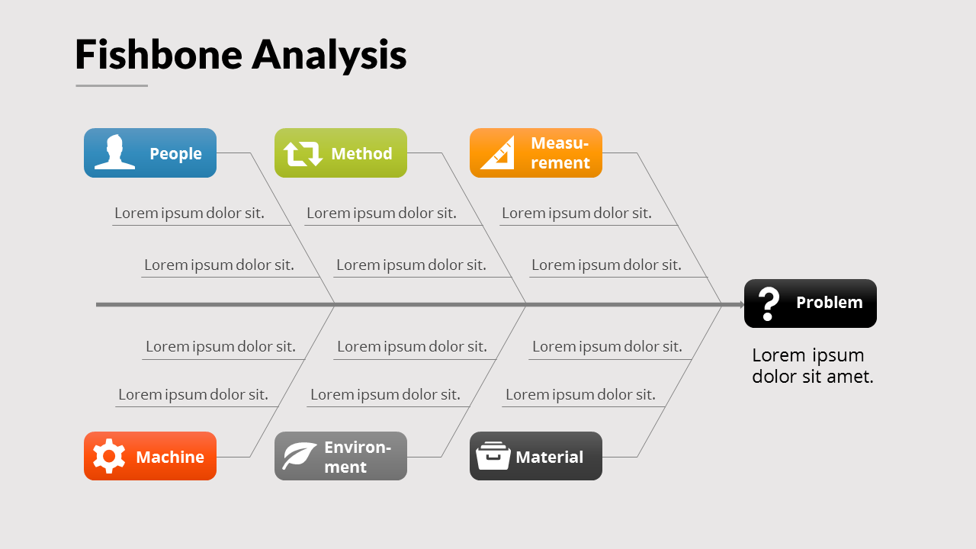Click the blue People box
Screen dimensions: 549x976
point(150,152)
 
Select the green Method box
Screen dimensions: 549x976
point(341,152)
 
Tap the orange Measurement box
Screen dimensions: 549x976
point(536,152)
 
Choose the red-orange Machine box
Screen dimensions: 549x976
point(150,456)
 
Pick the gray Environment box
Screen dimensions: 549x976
point(341,456)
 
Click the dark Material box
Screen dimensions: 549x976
point(536,456)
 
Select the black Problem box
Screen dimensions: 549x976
point(811,303)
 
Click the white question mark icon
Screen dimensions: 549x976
point(769,303)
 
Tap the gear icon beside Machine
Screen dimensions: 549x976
point(109,456)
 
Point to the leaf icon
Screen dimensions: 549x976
point(299,456)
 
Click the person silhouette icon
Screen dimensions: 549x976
point(115,152)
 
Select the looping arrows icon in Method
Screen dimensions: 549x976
point(303,153)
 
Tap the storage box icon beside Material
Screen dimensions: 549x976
point(493,456)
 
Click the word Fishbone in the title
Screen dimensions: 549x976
point(159,55)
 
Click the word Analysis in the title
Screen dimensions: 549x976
point(329,55)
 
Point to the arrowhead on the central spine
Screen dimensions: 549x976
point(741,304)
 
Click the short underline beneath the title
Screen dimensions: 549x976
point(111,85)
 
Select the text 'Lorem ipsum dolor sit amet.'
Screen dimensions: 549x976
point(812,365)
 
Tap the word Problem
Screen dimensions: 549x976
point(829,303)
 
